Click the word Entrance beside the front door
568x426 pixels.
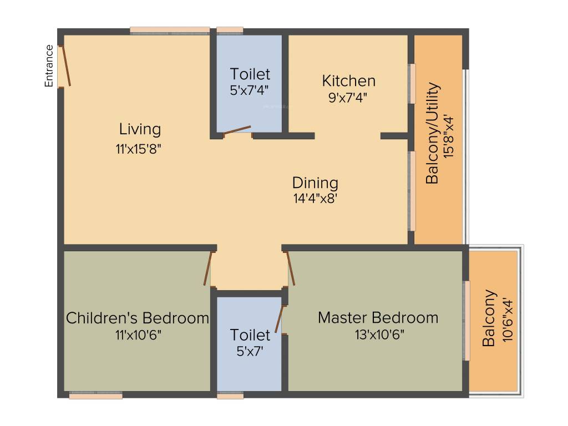coord(49,66)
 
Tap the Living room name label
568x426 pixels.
coord(140,129)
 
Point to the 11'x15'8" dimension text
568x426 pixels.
coord(140,149)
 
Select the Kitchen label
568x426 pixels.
coord(348,81)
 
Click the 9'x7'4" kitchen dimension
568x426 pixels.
coord(348,97)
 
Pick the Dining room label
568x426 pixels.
coord(315,182)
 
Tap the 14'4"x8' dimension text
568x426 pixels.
coord(315,199)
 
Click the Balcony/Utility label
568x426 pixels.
coord(432,133)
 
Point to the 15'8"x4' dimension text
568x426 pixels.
coord(449,136)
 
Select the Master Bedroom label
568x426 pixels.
coord(378,318)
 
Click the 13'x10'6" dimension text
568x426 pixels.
coord(379,334)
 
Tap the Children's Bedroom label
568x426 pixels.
coord(138,318)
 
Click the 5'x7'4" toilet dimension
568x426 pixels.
coord(250,90)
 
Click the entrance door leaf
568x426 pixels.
coord(66,66)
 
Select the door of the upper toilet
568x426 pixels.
coord(237,130)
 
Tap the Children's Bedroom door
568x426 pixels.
coord(209,269)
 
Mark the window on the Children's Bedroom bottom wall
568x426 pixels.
coord(95,395)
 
